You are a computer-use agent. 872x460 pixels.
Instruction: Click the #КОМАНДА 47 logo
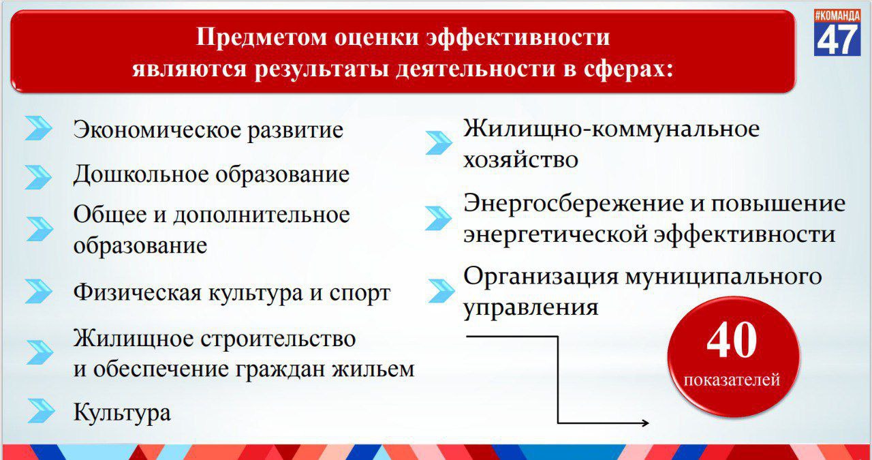point(837,32)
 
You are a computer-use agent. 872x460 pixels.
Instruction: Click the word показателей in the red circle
point(732,380)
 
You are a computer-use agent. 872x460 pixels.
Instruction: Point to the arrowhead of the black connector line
point(645,423)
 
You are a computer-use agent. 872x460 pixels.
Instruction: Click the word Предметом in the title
point(261,37)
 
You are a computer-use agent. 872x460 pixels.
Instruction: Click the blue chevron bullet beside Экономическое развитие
point(38,128)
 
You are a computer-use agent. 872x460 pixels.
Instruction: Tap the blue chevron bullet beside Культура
point(42,410)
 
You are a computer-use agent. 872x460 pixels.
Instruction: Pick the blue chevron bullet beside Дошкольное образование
point(38,177)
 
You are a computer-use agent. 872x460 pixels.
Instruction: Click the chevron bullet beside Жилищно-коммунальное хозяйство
point(439,142)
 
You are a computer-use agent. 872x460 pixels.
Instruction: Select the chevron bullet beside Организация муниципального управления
point(441,290)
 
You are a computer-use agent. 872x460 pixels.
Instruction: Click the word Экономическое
point(157,129)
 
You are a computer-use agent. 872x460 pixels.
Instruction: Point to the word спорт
point(360,293)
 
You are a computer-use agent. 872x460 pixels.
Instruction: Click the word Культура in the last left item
point(122,412)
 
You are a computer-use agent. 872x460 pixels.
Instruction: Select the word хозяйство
point(521,159)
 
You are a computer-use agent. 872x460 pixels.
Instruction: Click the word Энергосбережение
point(574,203)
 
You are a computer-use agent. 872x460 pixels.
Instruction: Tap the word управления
point(531,308)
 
